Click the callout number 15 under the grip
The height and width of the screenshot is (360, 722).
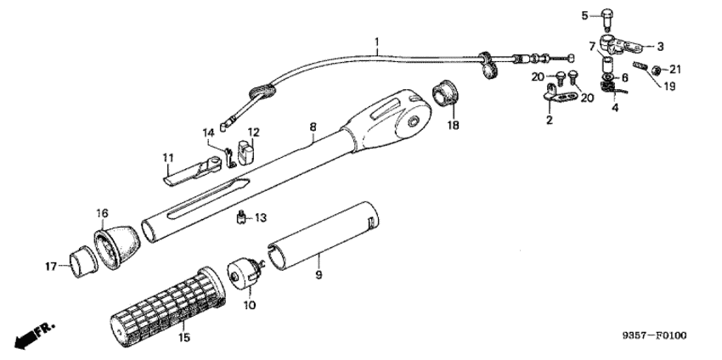coord(183,338)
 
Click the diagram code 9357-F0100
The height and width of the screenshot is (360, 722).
coord(654,335)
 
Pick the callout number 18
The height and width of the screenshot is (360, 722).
coord(454,125)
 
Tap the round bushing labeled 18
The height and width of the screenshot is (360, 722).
coord(444,93)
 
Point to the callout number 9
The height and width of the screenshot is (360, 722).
coord(319,275)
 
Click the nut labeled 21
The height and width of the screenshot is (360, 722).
coord(657,70)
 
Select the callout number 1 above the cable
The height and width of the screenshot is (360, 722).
coord(377,43)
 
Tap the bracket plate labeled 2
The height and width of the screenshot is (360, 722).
coord(561,94)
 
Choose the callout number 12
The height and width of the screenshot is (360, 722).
coord(253,132)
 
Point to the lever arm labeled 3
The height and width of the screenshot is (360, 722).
coord(619,45)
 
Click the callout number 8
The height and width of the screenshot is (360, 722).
coord(313,126)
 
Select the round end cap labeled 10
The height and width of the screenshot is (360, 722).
coord(245,272)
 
